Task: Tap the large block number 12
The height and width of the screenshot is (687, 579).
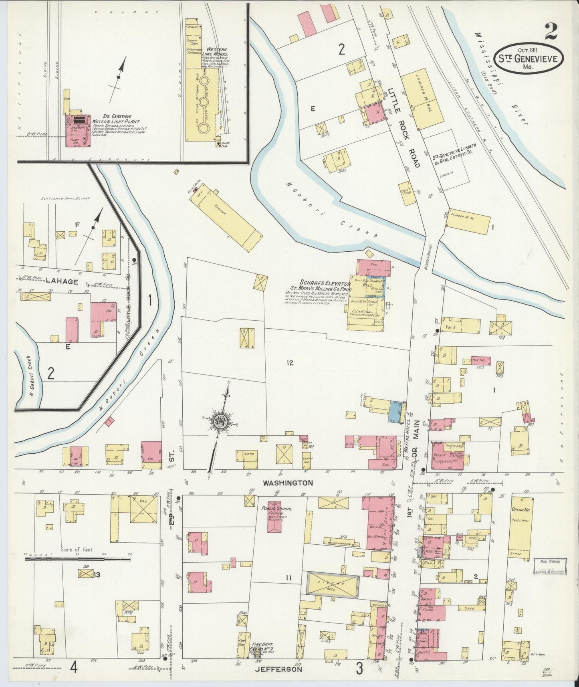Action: [290, 363]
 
